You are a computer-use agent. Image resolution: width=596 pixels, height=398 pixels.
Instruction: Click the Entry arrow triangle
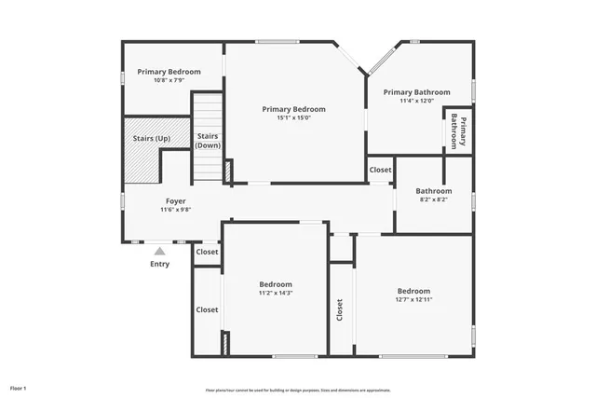point(160,251)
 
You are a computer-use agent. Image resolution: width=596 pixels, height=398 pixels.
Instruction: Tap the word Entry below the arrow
point(160,264)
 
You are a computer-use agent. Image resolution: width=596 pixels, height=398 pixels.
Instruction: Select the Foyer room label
point(175,201)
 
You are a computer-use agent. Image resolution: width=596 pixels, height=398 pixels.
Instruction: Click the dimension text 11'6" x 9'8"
point(175,211)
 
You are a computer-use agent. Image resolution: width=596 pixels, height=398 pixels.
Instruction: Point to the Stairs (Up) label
point(151,138)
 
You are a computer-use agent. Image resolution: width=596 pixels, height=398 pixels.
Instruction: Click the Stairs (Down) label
point(208,141)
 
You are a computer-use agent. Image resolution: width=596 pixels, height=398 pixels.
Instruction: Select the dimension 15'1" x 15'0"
point(293,118)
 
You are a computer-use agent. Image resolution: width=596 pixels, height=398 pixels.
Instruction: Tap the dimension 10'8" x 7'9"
point(169,81)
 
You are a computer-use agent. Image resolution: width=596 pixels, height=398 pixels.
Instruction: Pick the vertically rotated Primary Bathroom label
point(458,131)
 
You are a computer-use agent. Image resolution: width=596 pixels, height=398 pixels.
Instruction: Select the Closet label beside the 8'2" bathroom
point(380,170)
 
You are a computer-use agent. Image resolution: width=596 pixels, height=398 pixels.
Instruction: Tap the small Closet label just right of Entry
point(207,252)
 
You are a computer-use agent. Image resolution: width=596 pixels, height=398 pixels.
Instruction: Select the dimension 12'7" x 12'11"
point(413,299)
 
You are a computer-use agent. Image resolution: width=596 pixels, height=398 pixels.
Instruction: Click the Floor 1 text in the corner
point(19,387)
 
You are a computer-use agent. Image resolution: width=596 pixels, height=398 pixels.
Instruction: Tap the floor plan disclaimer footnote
point(298,390)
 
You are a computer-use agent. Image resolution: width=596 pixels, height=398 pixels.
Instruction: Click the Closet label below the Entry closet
point(207,309)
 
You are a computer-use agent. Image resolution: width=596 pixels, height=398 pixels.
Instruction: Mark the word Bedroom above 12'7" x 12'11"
point(413,290)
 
